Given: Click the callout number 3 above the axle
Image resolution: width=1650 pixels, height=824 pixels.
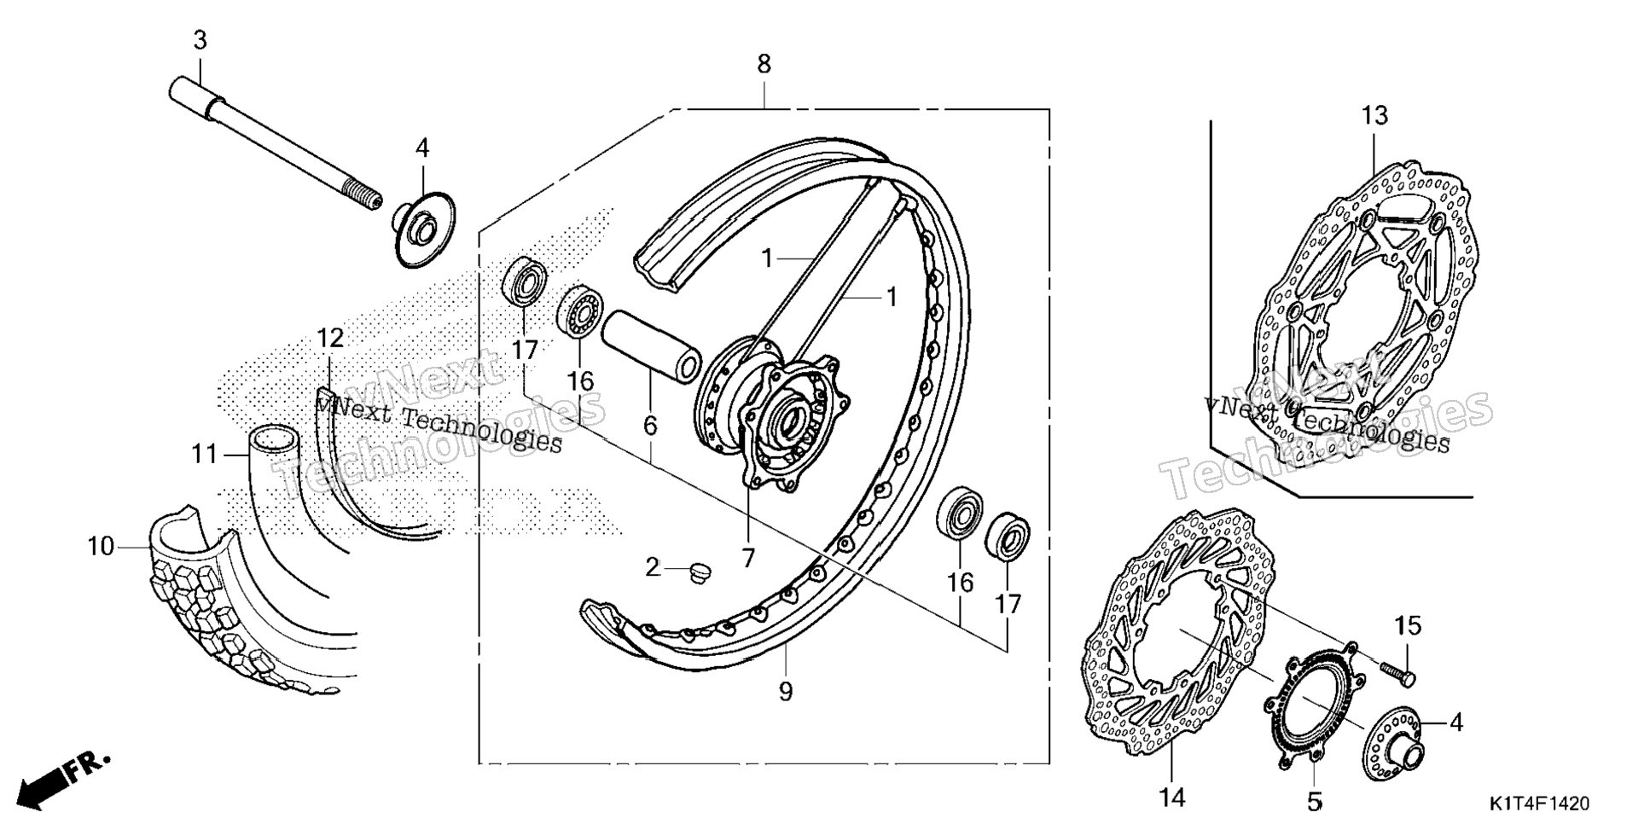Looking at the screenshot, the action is click(200, 39).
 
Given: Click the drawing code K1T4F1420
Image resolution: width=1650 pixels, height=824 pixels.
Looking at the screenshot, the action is click(1540, 804).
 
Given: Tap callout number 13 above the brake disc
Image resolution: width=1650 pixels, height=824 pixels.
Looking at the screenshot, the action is click(1374, 114).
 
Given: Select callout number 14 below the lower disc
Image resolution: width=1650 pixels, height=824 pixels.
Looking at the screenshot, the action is click(1172, 798).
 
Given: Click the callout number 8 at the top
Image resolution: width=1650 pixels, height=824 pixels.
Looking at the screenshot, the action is click(764, 63).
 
